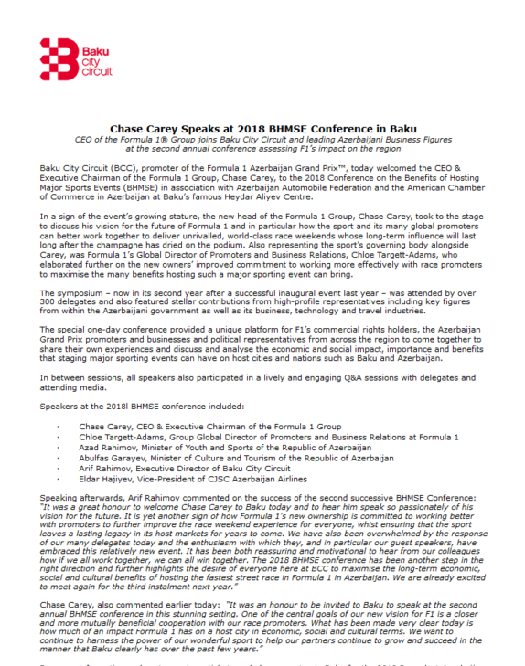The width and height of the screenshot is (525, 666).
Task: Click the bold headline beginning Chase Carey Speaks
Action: [262, 129]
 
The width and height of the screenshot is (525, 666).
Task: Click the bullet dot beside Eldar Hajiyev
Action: [57, 480]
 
